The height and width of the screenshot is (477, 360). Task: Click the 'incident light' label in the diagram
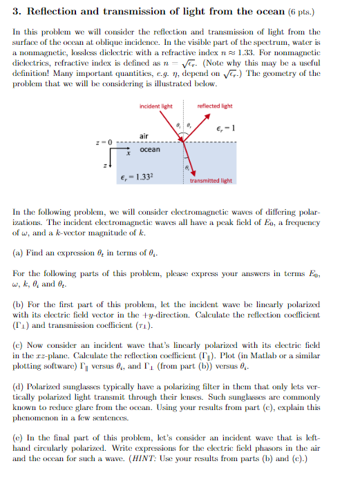pyautogui.click(x=155, y=106)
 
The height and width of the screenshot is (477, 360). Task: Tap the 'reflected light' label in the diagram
pyautogui.click(x=215, y=106)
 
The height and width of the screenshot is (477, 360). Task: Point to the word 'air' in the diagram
pyautogui.click(x=144, y=135)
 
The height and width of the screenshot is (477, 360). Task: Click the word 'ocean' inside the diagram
pyautogui.click(x=149, y=149)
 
